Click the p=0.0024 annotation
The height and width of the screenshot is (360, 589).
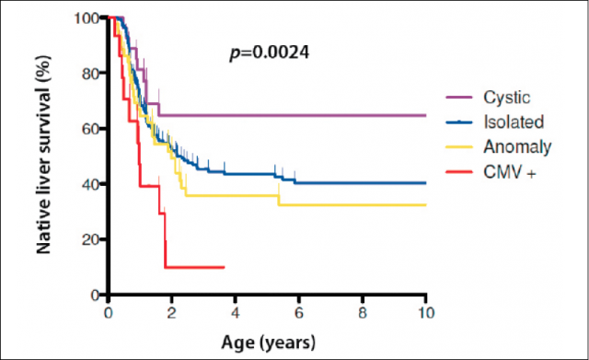[x=270, y=52]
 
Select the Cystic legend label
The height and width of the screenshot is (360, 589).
[x=507, y=98]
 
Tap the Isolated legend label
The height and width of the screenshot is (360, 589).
[x=514, y=122]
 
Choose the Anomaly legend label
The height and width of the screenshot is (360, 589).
[x=517, y=147]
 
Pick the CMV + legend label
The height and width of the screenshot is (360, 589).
[x=509, y=172]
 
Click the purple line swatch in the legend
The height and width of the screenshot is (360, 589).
[x=459, y=98]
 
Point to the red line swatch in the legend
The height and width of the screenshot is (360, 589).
[x=459, y=172]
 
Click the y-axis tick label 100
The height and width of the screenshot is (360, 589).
[x=87, y=17]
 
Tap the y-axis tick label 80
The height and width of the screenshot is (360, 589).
[x=91, y=74]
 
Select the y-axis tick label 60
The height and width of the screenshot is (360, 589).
[x=91, y=129]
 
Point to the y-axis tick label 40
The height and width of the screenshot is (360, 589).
[x=91, y=184]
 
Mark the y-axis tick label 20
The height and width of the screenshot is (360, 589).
[x=91, y=239]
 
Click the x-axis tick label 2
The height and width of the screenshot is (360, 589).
[x=172, y=313]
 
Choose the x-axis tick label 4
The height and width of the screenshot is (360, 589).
[x=236, y=313]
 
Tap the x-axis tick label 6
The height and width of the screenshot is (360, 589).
[x=298, y=313]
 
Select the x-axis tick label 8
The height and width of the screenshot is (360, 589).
[x=363, y=313]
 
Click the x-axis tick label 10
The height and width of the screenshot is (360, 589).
[x=426, y=313]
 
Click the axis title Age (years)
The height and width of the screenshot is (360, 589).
[x=268, y=343]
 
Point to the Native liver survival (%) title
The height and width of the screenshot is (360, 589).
[x=43, y=155]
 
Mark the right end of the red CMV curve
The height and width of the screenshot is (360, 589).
[x=225, y=268]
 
